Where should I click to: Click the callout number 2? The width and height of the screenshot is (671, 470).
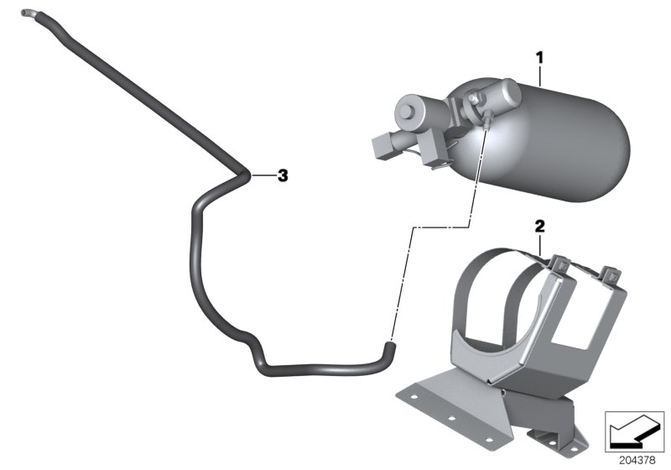539,227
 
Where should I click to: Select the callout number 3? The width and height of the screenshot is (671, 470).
283,175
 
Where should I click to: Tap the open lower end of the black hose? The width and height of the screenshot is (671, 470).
388,342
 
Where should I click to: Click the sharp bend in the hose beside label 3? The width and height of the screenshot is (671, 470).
244,175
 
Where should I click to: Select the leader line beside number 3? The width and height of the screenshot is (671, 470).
262,175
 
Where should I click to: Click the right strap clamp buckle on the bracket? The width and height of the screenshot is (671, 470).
611,273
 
